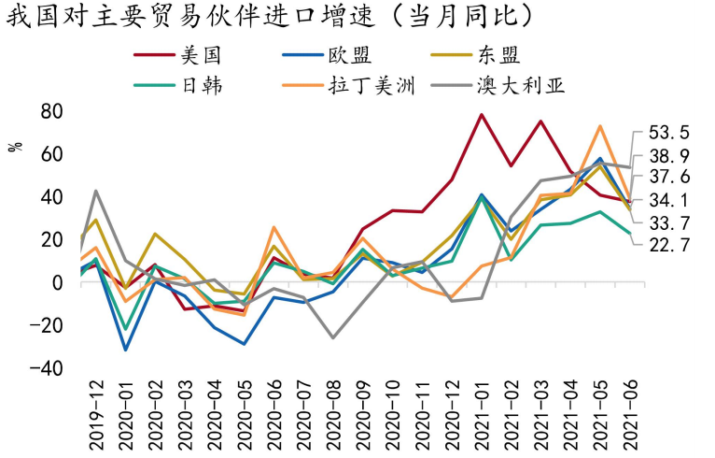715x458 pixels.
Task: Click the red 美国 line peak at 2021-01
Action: point(482,115)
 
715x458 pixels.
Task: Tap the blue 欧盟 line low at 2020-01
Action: point(126,350)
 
